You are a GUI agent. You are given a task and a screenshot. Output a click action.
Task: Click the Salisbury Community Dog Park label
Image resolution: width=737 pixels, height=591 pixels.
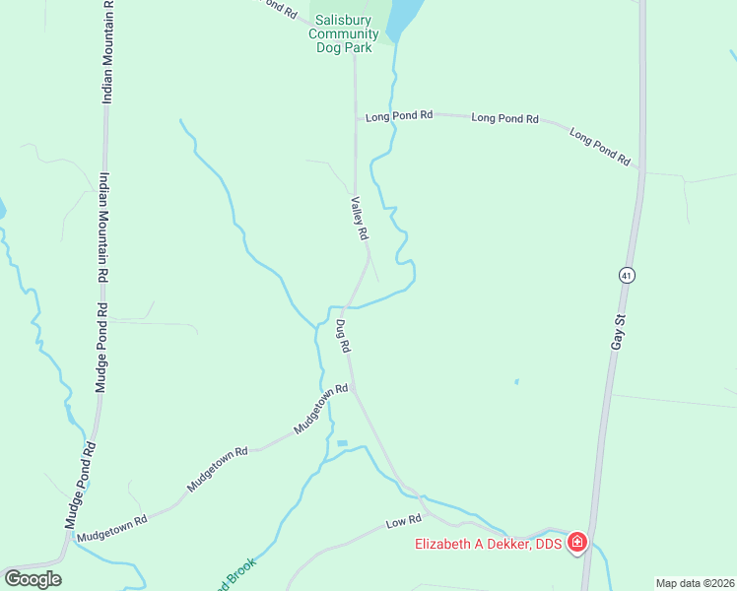[343, 33]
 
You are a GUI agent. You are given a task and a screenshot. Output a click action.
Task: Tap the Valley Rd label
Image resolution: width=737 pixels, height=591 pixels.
[359, 218]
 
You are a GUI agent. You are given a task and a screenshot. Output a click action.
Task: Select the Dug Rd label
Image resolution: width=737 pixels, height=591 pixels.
[342, 337]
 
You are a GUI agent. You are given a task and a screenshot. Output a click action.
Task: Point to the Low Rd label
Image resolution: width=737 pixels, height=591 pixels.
[404, 519]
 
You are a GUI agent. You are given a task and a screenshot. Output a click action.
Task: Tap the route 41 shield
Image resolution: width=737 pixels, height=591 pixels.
[626, 276]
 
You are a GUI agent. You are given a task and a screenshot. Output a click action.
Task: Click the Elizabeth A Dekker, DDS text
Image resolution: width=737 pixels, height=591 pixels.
[488, 544]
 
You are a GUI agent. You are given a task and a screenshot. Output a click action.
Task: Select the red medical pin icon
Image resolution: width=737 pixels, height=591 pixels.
[576, 543]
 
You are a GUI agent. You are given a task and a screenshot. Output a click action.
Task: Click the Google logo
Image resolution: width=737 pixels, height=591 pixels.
[33, 578]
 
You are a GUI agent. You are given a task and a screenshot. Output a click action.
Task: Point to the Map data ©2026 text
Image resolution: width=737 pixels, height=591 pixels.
[694, 583]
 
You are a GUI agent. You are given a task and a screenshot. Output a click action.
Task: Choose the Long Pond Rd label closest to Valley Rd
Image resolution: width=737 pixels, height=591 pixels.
[399, 115]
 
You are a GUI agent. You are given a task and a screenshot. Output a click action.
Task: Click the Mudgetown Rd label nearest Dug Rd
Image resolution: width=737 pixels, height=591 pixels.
[321, 409]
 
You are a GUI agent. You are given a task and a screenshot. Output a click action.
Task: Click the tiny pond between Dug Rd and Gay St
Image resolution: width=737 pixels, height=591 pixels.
[516, 381]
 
